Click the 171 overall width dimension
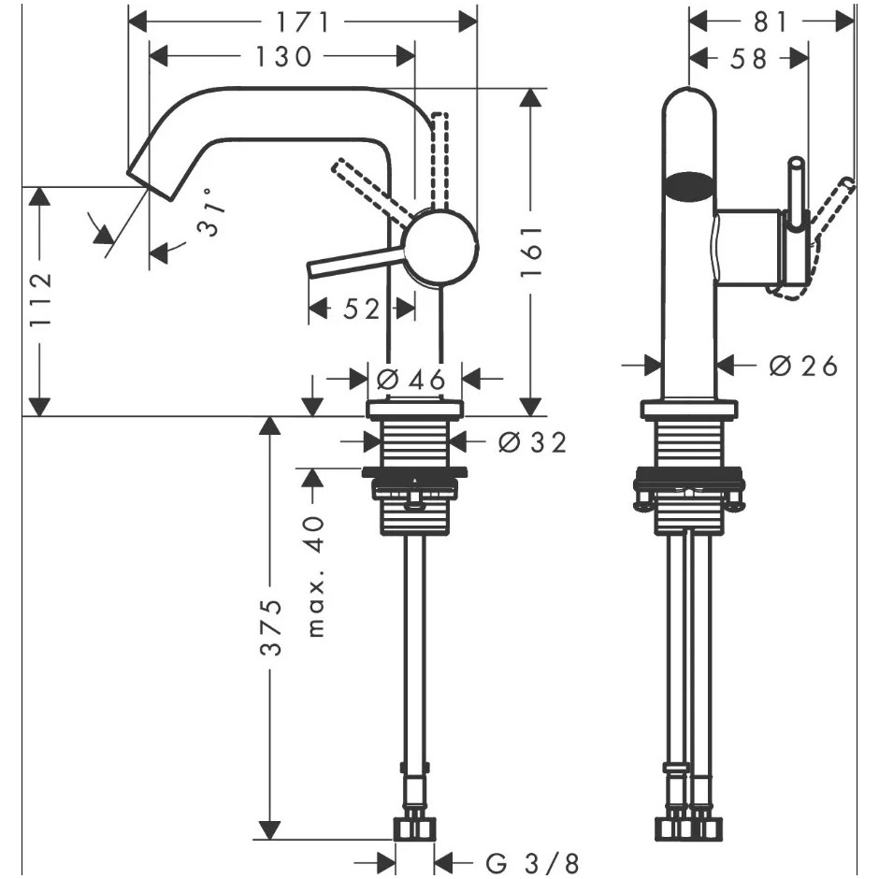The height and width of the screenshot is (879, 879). (303, 23)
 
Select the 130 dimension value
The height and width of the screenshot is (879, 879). (283, 57)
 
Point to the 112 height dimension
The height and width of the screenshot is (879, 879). (40, 301)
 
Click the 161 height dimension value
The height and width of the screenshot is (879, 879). (531, 252)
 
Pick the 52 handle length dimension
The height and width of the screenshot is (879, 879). (362, 309)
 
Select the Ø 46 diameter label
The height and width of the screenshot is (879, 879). (411, 380)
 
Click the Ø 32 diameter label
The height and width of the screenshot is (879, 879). (532, 443)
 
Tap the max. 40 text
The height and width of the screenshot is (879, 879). (317, 576)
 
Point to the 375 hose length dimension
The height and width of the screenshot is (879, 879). (271, 627)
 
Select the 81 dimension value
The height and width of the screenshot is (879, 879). (771, 23)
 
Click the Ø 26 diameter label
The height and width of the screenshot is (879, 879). (803, 366)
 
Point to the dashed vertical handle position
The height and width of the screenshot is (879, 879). (440, 162)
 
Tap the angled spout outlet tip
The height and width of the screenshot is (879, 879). (150, 182)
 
